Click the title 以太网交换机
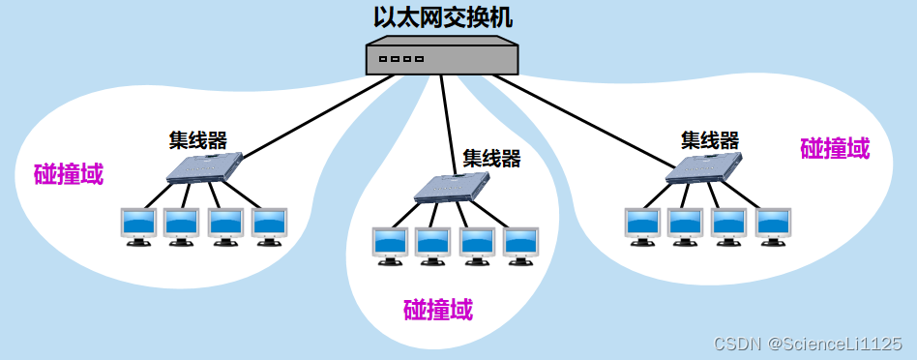(x=444, y=18)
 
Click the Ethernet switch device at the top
(x=443, y=57)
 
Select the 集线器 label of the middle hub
(x=491, y=158)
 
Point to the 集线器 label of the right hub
(x=710, y=140)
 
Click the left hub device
(x=204, y=168)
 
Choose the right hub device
(x=703, y=169)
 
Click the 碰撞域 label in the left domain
(x=69, y=174)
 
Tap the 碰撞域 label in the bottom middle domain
(x=438, y=310)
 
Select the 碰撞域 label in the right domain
(x=835, y=148)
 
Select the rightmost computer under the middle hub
(x=520, y=245)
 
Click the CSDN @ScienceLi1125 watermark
(x=808, y=344)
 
